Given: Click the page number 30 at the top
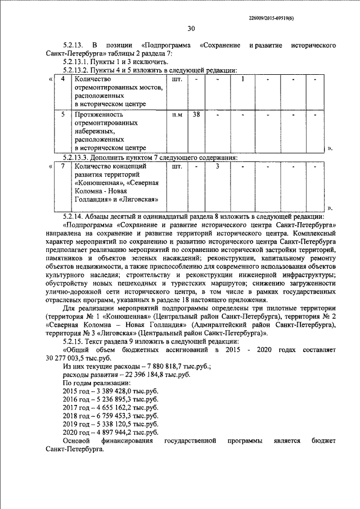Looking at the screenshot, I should tap(191, 28).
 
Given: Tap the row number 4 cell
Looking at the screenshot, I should tap(63, 79).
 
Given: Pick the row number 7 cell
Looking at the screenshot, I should tap(63, 166).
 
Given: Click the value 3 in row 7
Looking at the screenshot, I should tap(217, 166).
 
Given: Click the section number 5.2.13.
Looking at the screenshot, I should tap(74, 44).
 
